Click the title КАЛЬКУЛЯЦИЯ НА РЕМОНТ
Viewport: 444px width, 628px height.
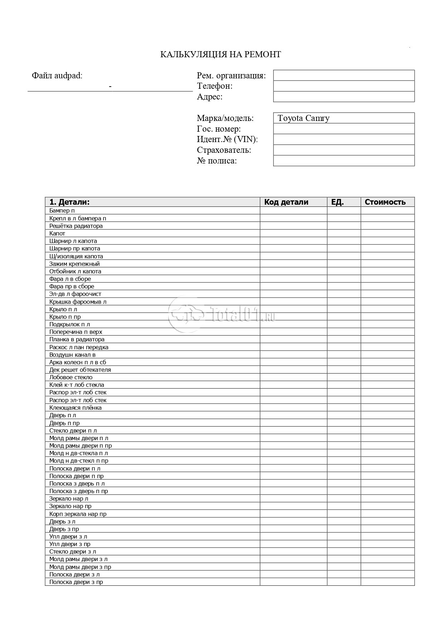click(220, 54)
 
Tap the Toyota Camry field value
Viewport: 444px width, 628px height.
click(303, 118)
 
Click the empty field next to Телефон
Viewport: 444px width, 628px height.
click(344, 86)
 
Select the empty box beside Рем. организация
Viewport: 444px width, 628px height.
click(344, 75)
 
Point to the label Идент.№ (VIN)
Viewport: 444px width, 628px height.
click(227, 139)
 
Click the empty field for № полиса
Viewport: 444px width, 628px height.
click(344, 161)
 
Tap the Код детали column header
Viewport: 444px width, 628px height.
click(286, 202)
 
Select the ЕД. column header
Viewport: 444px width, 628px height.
click(337, 202)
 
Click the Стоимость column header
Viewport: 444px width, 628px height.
click(385, 202)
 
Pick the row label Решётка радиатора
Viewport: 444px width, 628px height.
click(76, 226)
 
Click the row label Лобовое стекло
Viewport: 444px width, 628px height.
click(71, 377)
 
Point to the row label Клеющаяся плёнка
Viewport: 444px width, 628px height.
click(75, 408)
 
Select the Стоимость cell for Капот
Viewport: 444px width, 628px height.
click(387, 233)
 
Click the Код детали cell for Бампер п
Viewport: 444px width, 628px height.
click(293, 210)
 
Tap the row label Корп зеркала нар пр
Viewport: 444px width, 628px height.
click(78, 514)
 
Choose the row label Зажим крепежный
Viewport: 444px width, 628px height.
click(74, 264)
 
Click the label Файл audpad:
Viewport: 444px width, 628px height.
click(57, 76)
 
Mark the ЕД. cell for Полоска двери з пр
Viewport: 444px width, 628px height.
click(344, 582)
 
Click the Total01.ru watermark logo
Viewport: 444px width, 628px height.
click(222, 314)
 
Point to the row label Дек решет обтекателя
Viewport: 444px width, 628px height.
click(80, 370)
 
